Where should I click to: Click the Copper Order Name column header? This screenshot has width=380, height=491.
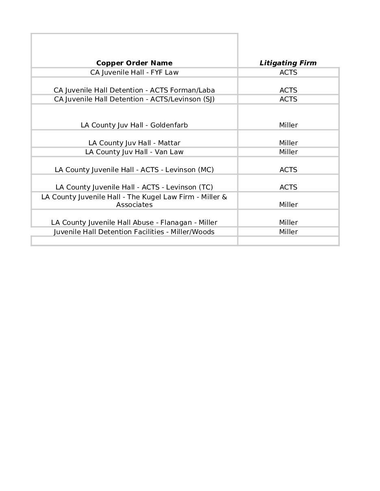click(134, 63)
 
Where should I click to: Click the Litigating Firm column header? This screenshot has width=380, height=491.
click(288, 63)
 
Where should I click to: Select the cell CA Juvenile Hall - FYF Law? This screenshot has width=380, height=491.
click(134, 73)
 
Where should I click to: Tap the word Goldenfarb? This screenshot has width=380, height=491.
click(169, 125)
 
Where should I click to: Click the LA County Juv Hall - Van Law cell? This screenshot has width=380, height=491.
click(134, 152)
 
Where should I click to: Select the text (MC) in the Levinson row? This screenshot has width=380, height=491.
click(206, 170)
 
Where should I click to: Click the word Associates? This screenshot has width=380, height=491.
click(134, 205)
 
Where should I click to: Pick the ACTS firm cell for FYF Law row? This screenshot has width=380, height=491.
click(288, 73)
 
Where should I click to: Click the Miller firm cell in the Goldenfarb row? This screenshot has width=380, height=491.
click(288, 125)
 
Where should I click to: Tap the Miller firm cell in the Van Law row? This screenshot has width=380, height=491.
click(288, 152)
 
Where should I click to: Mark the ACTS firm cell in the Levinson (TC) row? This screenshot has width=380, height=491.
click(288, 187)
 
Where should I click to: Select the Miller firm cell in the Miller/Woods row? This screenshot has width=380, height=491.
click(288, 232)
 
